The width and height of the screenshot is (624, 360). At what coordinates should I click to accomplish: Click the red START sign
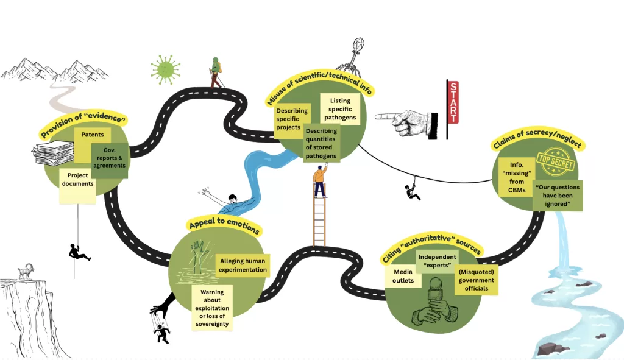[453, 102]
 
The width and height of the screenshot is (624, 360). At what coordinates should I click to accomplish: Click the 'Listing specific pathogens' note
[339, 108]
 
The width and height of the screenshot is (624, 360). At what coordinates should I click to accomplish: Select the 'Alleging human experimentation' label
[243, 266]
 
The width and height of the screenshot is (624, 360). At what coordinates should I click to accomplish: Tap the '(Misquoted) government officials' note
[477, 280]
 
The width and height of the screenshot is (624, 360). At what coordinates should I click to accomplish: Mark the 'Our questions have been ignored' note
[557, 195]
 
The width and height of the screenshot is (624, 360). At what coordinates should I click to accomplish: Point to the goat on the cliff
[25, 272]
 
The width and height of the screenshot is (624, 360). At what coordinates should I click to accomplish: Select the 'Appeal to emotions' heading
[224, 225]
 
